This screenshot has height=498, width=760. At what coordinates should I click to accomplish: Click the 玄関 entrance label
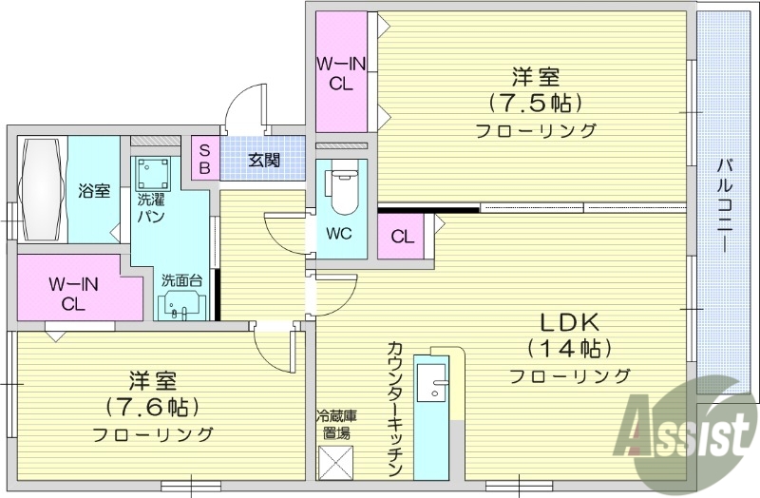pyautogui.click(x=263, y=160)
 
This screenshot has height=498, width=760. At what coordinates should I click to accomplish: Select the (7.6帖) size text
pyautogui.click(x=152, y=408)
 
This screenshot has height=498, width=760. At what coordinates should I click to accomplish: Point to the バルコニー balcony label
pyautogui.click(x=723, y=204)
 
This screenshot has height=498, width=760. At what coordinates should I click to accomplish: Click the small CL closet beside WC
pyautogui.click(x=402, y=237)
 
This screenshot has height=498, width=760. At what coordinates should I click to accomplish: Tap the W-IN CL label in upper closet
pyautogui.click(x=341, y=73)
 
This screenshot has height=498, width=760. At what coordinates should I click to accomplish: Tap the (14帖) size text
pyautogui.click(x=569, y=347)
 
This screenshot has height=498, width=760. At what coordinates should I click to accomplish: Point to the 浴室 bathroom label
pyautogui.click(x=92, y=191)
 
